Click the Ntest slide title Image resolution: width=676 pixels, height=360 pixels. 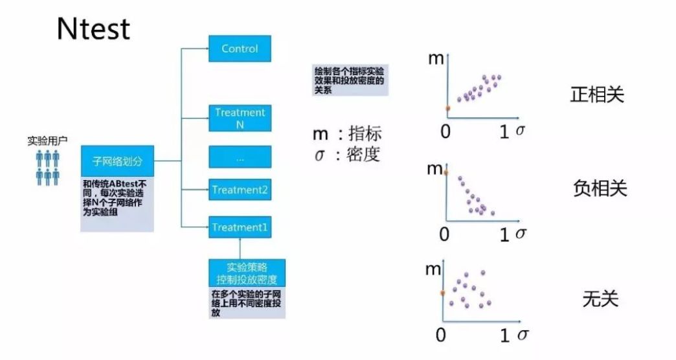(93, 29)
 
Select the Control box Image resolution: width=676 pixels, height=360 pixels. (240, 49)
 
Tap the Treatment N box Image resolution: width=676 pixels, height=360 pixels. (240, 118)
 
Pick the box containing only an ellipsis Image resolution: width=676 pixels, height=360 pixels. (240, 158)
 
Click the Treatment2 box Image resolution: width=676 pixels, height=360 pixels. (240, 190)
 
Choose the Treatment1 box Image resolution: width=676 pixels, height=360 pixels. (240, 227)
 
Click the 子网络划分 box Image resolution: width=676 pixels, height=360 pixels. (117, 161)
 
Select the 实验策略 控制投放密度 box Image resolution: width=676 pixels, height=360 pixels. (247, 273)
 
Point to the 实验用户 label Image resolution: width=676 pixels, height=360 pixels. (47, 140)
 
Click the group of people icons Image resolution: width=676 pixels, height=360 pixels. (47, 167)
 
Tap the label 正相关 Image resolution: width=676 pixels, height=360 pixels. (596, 95)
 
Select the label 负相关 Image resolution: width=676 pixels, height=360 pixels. (600, 188)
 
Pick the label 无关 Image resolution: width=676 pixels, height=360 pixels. (600, 299)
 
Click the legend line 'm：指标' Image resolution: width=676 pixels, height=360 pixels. (347, 134)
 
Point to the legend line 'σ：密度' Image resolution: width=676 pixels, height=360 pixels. (347, 155)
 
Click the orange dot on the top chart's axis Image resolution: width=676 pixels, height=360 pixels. (447, 107)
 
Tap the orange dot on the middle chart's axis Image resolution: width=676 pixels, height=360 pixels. (445, 172)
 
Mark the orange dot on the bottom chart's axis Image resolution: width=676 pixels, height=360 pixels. (443, 293)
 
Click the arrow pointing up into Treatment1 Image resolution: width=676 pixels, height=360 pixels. (240, 248)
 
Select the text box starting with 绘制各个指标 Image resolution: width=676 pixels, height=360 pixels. (350, 81)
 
